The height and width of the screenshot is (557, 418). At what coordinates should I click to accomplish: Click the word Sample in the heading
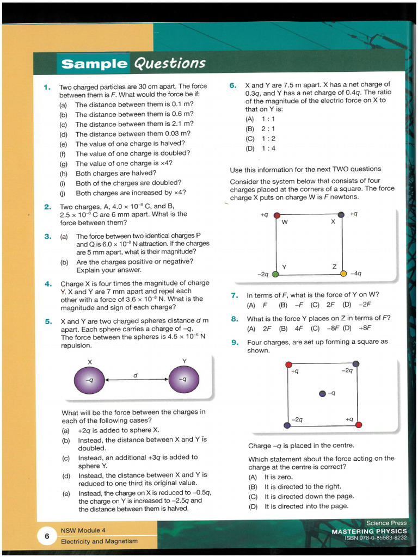click(x=94, y=64)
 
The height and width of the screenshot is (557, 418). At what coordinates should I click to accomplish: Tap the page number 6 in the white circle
click(x=47, y=536)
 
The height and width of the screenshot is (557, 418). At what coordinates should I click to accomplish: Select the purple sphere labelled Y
click(x=184, y=380)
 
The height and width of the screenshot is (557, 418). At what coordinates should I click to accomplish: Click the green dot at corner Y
click(x=276, y=273)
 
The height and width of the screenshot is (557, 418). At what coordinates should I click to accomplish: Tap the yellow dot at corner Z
click(x=343, y=273)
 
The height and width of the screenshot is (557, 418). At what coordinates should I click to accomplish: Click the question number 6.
click(x=233, y=85)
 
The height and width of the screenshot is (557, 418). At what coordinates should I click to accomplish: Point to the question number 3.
click(x=48, y=236)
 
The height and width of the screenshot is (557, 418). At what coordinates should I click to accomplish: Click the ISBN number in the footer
click(x=376, y=538)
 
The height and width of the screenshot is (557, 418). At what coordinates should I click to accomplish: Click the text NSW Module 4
click(x=83, y=530)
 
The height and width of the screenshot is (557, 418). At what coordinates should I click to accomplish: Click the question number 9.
click(x=235, y=342)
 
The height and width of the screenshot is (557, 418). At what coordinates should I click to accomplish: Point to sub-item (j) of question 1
click(x=63, y=193)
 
